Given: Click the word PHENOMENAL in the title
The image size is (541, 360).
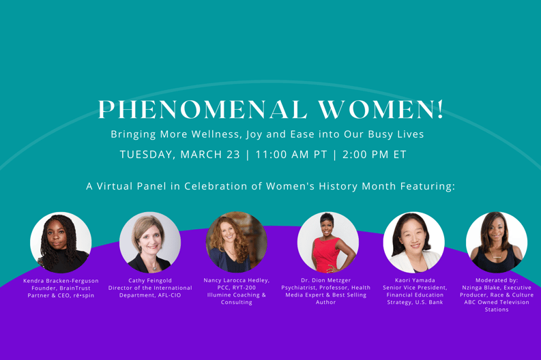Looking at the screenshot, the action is click(203, 110).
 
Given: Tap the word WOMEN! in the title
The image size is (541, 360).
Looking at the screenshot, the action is click(381, 110).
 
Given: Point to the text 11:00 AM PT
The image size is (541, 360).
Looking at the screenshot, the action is click(291, 155).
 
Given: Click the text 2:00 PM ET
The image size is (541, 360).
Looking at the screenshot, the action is click(375, 155).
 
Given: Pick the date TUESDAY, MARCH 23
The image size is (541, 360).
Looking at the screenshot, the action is click(179, 155).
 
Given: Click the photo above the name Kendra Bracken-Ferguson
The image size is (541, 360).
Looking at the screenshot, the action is click(61, 243).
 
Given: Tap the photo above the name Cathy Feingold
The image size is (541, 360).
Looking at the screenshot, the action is click(150, 243).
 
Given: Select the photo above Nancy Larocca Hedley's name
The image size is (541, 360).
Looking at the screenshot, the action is click(236, 243).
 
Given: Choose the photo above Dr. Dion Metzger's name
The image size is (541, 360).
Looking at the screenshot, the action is click(328, 243).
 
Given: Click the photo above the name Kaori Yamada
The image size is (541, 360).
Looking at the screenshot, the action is click(413, 243).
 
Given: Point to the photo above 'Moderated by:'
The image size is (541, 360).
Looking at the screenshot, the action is click(497, 243).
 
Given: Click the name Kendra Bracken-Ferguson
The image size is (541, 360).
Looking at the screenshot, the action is click(61, 281).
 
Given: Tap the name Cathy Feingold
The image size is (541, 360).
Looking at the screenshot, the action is click(150, 281).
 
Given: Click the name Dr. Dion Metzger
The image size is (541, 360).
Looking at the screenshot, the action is click(325, 280).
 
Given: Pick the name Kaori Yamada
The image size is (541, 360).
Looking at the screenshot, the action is click(415, 280).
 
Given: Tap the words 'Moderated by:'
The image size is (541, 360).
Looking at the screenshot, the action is click(497, 280).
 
